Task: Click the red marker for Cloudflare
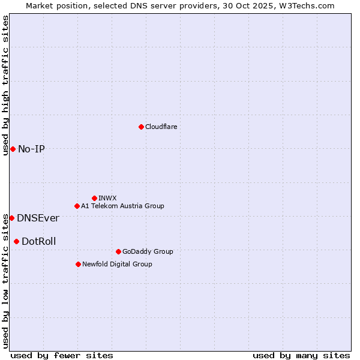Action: click(141, 127)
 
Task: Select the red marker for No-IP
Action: click(13, 149)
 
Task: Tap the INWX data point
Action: click(94, 198)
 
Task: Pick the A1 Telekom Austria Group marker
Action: click(77, 206)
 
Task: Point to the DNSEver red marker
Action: click(11, 218)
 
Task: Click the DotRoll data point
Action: click(16, 241)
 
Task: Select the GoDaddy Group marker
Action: click(118, 251)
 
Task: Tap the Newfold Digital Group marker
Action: click(78, 264)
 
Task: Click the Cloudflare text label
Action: click(161, 127)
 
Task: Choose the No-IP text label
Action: click(31, 149)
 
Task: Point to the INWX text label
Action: click(107, 198)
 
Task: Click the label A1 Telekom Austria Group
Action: click(122, 206)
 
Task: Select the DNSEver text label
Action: click(38, 218)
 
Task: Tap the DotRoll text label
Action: click(39, 241)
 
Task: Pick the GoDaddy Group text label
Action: click(148, 251)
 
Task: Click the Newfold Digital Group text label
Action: click(117, 264)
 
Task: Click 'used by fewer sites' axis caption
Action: click(62, 355)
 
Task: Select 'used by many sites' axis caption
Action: click(301, 355)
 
